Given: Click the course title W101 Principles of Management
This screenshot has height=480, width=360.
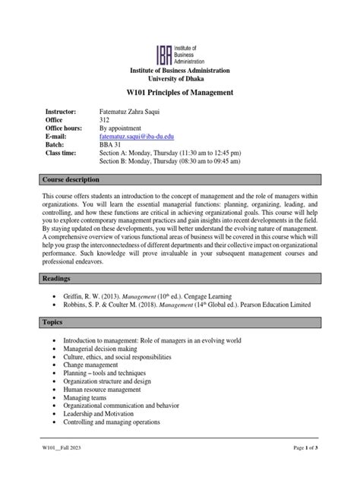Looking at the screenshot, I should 179,92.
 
